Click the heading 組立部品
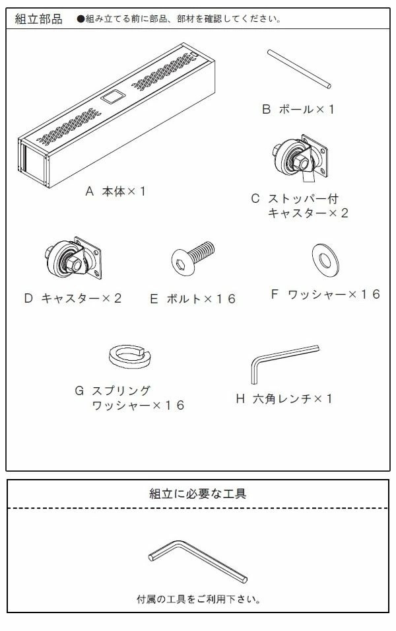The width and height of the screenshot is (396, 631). [x=39, y=19]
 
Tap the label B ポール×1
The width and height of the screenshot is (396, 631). [x=298, y=109]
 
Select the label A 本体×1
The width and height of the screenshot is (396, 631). [x=115, y=191]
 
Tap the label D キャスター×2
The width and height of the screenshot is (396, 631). [x=73, y=298]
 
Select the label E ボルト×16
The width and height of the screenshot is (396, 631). [x=193, y=299]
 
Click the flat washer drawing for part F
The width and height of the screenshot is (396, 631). [x=324, y=258]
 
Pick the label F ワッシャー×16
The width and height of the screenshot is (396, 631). [x=325, y=295]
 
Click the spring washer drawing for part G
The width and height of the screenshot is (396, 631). [x=129, y=356]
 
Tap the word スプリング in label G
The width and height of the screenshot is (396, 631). [x=123, y=390]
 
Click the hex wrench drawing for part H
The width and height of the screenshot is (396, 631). [x=280, y=363]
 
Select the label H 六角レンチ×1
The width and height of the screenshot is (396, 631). [x=284, y=398]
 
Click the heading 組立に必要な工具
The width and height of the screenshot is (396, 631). [x=198, y=493]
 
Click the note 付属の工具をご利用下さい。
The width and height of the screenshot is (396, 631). [x=198, y=599]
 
